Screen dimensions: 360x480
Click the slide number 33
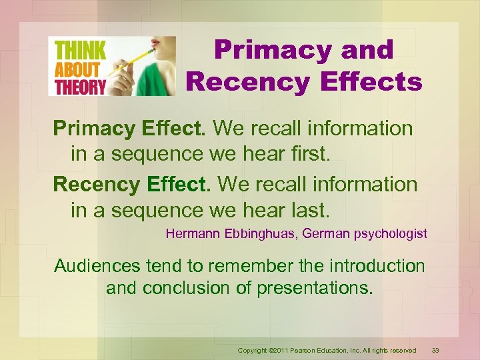[x=435, y=350]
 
